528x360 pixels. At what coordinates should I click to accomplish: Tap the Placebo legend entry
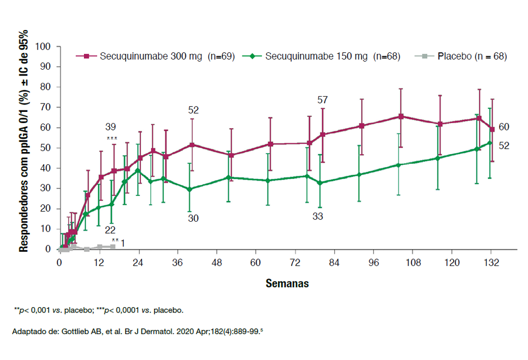click(464, 56)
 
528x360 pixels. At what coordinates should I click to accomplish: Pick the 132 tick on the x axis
click(492, 262)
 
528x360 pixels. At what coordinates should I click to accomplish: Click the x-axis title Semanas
click(287, 283)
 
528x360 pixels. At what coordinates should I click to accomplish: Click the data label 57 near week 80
click(323, 100)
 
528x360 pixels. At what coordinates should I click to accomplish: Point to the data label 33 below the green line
click(318, 216)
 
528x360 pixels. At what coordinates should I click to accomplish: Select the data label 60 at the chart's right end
click(504, 127)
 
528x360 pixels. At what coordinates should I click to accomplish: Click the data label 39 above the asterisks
click(110, 127)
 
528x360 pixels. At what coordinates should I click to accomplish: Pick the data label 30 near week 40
click(193, 218)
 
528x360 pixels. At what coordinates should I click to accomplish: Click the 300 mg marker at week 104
click(401, 116)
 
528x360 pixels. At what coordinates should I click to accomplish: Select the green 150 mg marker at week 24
click(138, 170)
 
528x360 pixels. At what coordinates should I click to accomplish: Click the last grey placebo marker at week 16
click(112, 247)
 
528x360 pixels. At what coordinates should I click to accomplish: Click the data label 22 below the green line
click(110, 230)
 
